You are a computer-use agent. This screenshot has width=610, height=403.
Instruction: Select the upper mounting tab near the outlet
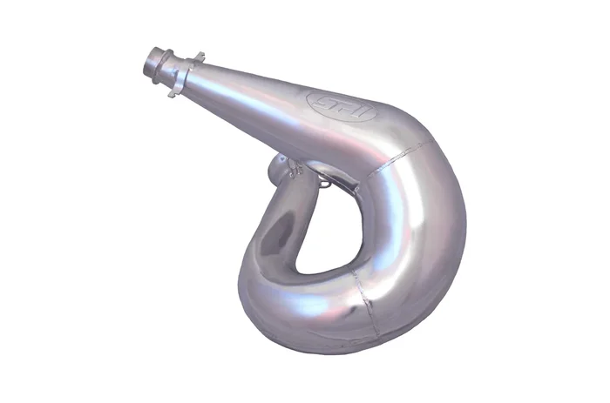pos(198,57)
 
